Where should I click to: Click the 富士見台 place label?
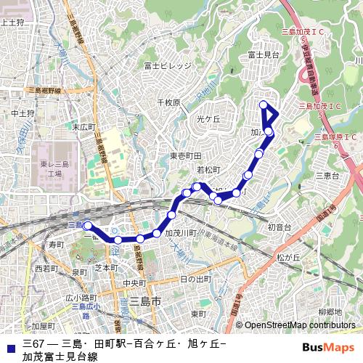click(264, 54)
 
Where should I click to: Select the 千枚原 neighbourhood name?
click(168, 103)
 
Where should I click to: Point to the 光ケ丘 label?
click(208, 118)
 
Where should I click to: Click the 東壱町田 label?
click(185, 156)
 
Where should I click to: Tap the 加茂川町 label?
click(181, 233)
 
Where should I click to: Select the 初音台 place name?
click(279, 227)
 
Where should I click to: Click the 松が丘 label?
click(288, 257)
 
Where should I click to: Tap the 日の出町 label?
click(195, 279)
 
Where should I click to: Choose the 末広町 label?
click(83, 126)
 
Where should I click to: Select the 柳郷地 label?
click(330, 312)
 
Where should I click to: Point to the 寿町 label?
click(57, 245)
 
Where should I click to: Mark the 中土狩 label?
click(23, 114)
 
